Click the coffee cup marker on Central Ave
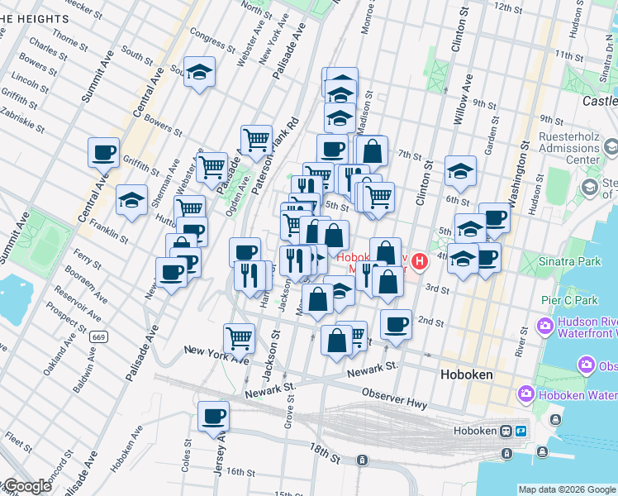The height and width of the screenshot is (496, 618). pos(103,153)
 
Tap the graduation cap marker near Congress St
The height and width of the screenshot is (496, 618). pos(199,73)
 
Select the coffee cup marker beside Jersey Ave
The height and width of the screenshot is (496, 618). pos(214,416)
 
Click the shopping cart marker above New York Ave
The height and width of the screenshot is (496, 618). pos(239,337)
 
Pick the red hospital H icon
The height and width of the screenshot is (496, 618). pos(420,263)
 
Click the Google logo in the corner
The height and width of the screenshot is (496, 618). pos(27,486)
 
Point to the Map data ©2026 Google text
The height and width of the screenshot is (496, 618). pos(567,489)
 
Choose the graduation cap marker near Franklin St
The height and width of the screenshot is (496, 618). pos(131,200)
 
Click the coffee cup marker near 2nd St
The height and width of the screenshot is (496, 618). pos(396,324)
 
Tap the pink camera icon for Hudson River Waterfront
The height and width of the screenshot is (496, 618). pos(546,326)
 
